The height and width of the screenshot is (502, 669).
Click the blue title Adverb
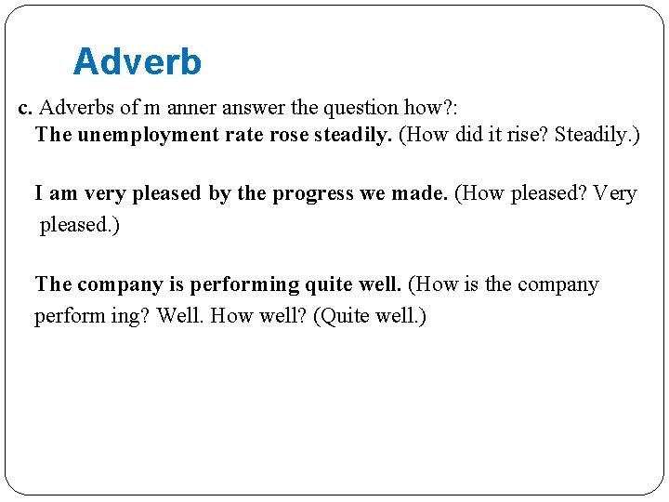(x=137, y=62)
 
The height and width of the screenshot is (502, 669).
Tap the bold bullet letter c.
(x=25, y=108)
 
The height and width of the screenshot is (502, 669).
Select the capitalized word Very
(x=614, y=193)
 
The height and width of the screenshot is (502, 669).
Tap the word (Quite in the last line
(x=340, y=316)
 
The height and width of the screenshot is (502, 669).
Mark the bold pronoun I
(x=39, y=193)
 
